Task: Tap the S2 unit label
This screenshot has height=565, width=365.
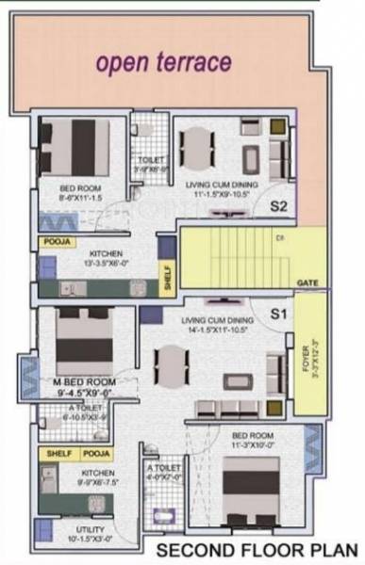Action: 278,205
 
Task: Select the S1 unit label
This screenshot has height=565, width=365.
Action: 278,312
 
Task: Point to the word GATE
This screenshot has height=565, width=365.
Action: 307,282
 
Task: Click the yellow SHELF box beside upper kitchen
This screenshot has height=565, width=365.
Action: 167,281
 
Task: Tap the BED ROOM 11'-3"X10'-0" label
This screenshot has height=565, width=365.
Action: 254,440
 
